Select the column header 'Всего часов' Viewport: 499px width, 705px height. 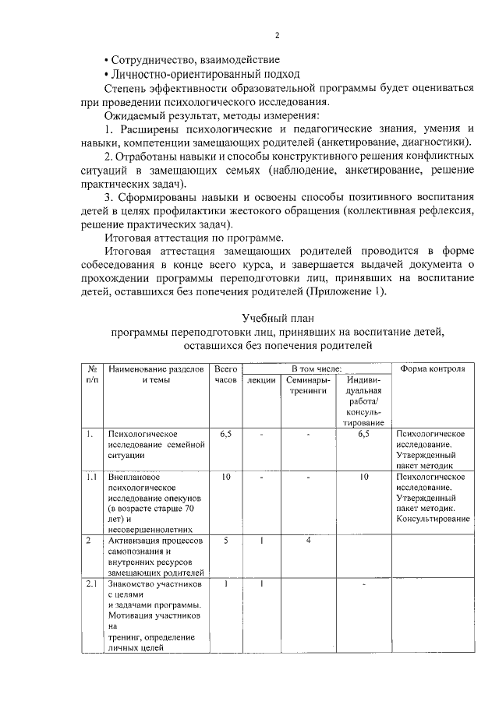pos(225,374)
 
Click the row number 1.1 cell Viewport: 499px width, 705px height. pos(92,476)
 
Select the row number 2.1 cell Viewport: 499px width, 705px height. pos(92,583)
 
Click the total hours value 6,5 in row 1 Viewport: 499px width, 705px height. pos(225,433)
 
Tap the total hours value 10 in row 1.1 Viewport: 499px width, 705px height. pos(225,476)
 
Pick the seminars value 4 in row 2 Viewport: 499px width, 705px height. pos(308,541)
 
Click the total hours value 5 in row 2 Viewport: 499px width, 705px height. pos(225,541)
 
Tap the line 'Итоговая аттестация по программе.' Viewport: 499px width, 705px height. pos(195,238)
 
